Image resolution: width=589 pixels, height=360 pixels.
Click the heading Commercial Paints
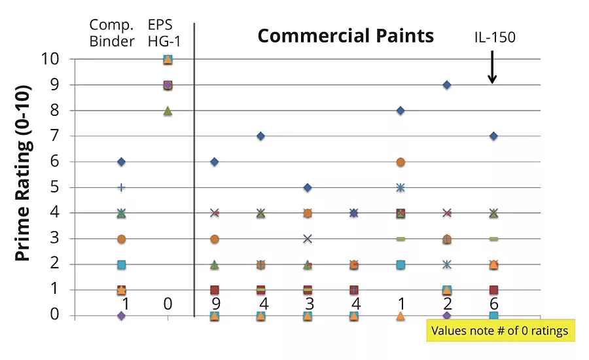346,35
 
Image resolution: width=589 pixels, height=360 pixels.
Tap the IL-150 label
495,37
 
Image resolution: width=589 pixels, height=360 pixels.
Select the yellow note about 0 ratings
501,331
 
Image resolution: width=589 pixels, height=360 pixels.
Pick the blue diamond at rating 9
447,85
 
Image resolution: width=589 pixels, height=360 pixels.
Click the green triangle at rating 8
168,111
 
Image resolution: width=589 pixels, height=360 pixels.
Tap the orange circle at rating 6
401,162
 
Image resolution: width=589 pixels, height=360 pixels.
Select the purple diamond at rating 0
121,315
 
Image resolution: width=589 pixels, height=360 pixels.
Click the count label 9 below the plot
215,304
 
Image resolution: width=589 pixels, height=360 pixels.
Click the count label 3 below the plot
308,304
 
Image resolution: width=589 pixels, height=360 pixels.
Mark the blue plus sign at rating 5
121,187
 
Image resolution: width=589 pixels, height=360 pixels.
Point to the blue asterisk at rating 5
401,187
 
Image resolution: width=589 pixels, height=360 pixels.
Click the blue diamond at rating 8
401,111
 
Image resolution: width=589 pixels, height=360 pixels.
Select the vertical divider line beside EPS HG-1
194,170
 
